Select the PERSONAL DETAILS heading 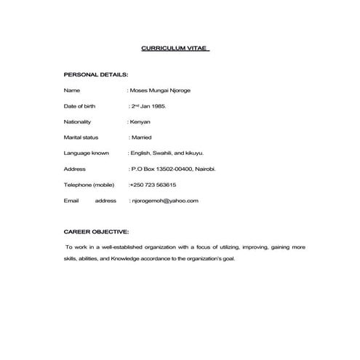[96, 75]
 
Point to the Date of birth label [79, 106]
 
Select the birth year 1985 [159, 106]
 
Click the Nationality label [79, 121]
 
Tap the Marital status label [81, 137]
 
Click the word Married [141, 137]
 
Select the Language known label [87, 153]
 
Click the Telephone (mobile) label [89, 184]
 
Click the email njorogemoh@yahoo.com [164, 199]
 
